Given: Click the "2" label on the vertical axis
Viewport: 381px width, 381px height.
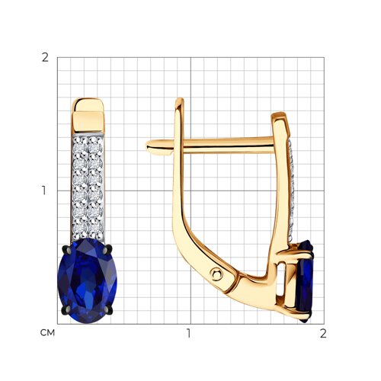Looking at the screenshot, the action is [x=45, y=58].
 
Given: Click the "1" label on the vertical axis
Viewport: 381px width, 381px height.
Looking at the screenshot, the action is [x=44, y=190].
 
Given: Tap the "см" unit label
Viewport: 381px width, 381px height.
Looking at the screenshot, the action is [x=47, y=333].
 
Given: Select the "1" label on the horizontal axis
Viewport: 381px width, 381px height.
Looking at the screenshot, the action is [x=188, y=334].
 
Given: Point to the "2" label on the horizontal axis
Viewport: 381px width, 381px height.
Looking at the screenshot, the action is [x=323, y=334].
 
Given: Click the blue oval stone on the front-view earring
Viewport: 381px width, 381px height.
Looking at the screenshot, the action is [x=88, y=280].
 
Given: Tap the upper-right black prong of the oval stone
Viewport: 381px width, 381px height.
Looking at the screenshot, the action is [x=108, y=249].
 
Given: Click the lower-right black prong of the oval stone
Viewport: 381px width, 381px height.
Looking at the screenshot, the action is [x=109, y=310].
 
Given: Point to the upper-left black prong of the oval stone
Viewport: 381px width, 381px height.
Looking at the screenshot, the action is [x=66, y=249].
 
